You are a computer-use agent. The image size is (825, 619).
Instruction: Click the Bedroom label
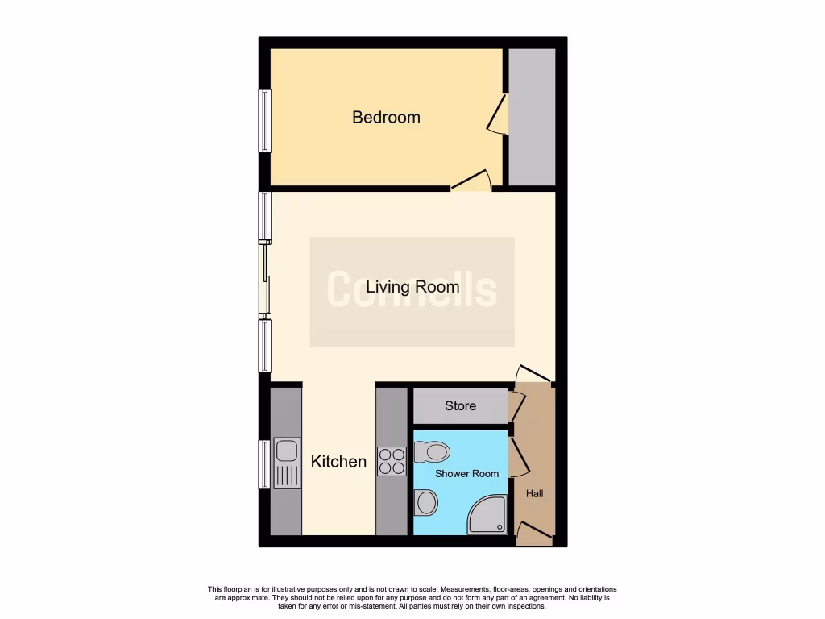386,118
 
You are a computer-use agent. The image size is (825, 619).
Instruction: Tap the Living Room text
412,287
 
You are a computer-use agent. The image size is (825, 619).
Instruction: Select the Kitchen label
338,462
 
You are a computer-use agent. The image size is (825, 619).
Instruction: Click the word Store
460,406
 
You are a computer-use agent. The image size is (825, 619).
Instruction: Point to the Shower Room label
466,474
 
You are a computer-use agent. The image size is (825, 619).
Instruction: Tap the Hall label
534,493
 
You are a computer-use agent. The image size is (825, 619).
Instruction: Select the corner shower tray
490,515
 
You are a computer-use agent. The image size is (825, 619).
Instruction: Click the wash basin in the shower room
425,503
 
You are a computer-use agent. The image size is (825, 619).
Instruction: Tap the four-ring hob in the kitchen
392,461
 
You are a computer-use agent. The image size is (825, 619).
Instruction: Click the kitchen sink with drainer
286,463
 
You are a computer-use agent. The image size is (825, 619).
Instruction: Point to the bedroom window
264,120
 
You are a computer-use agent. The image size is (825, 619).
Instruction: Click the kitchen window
263,464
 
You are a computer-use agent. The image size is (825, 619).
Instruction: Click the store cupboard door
516,406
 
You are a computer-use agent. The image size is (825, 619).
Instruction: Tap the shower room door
518,455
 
